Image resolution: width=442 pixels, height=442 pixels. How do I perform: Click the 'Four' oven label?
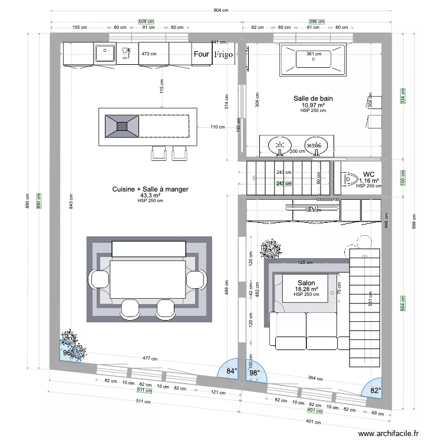202,54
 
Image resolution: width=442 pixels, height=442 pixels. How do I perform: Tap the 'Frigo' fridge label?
223,54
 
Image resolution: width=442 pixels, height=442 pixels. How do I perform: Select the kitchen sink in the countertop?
105,53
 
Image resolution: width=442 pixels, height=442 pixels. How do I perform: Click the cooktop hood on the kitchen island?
122,126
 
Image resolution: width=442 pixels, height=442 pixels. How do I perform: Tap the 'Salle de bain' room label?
313,98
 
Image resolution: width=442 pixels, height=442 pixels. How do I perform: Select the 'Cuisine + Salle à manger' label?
150,189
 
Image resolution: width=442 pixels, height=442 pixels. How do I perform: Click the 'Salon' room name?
306,283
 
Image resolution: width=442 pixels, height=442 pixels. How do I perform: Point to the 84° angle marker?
232,371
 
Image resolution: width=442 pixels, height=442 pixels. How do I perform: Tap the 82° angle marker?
375,390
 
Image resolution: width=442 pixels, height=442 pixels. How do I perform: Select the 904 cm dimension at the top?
221,11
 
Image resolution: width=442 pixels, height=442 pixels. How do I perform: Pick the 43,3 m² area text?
150,195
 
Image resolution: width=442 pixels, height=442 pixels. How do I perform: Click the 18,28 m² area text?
306,289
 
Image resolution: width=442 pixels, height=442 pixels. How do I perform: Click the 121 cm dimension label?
219,392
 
